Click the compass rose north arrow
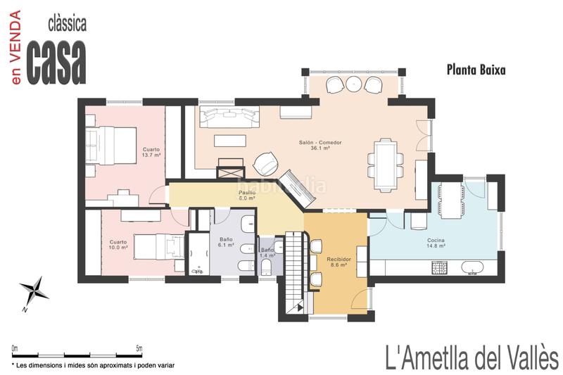tap(34, 290)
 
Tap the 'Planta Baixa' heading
tap(476, 70)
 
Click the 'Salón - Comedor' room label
tap(320, 142)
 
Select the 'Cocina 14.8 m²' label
tap(436, 243)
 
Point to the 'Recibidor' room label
tap(339, 259)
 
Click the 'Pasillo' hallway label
tap(247, 193)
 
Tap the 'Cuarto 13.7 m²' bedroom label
tap(151, 152)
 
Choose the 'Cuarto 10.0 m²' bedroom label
tap(118, 245)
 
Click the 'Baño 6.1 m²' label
tap(226, 242)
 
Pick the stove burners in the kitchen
tap(438, 267)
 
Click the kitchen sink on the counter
tap(472, 268)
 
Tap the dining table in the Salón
tap(385, 165)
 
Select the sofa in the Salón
tap(229, 116)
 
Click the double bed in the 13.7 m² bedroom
tap(110, 146)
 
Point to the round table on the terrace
tap(354, 84)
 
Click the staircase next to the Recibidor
tap(296, 273)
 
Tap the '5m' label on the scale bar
tap(139, 348)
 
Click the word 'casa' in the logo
tap(57, 62)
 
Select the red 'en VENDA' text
tap(15, 48)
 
